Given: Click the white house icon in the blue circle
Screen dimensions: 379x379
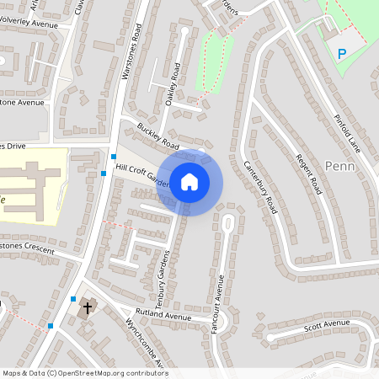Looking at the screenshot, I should [189, 182].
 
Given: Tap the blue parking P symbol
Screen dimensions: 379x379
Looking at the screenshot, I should [342, 53].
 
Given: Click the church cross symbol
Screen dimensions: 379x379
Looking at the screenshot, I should [87, 310].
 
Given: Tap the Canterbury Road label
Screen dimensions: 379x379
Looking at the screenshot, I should [260, 186].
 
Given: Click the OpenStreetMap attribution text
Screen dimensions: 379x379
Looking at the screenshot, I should [84, 373].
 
